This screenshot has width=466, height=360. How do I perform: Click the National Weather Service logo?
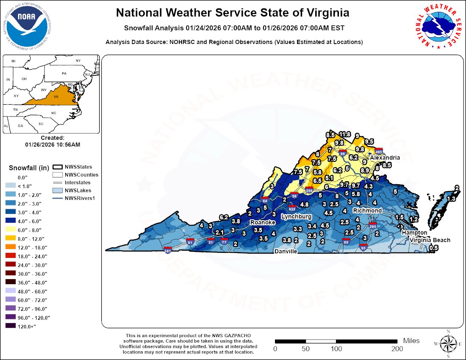tap(438, 25)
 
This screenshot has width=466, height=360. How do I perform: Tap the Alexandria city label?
tap(385, 158)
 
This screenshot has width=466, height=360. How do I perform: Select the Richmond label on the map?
tap(368, 210)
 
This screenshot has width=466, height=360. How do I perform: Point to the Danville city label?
tap(286, 251)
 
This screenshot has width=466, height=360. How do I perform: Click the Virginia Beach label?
tap(430, 240)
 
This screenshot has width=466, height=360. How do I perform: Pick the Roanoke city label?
tap(263, 222)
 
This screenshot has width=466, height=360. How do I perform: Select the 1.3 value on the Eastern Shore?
tap(451, 199)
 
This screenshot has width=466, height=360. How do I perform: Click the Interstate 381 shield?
tap(168, 250)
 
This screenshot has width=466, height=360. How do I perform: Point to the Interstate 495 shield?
tap(379, 151)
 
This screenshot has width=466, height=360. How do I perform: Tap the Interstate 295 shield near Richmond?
tap(373, 225)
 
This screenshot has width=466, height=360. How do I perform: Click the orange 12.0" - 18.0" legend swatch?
tap(11, 247)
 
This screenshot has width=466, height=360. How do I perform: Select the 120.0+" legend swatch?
tap(11, 326)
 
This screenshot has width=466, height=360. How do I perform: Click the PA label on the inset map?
tap(64, 73)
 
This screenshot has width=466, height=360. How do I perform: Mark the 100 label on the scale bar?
tap(336, 349)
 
